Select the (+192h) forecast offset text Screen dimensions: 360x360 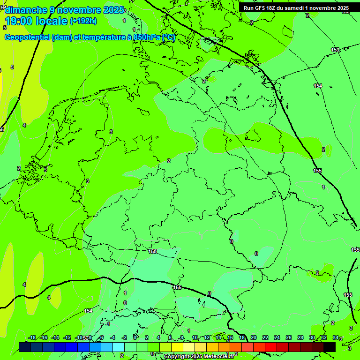coord(83,21)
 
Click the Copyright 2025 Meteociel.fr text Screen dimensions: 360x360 coord(199,357)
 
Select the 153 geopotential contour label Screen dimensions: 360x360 coord(335,50)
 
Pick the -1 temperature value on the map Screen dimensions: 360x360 coord(108,324)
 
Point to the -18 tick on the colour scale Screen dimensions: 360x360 coord(32,337)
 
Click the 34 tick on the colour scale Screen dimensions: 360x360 coord(336,337)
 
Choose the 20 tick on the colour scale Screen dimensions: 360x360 coord(254,337)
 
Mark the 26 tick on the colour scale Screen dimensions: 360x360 coord(289,337)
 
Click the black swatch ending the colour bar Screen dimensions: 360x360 coord(330,347)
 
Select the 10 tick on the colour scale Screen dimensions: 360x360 coord(195,337)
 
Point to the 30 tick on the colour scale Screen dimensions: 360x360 coord(312,337)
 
